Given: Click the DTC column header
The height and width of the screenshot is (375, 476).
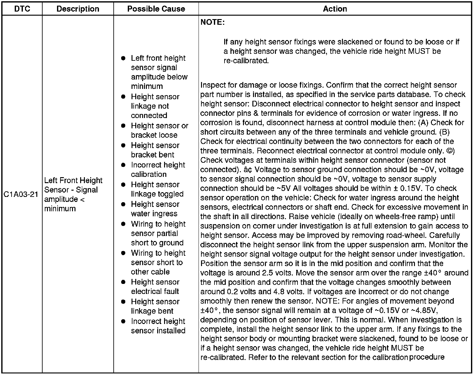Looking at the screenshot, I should pyautogui.click(x=22, y=9).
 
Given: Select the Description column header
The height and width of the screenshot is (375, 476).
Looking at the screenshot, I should pyautogui.click(x=78, y=9).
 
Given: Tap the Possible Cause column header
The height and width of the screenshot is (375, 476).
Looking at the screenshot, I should pyautogui.click(x=156, y=9).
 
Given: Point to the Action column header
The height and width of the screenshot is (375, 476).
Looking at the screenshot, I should pyautogui.click(x=335, y=9).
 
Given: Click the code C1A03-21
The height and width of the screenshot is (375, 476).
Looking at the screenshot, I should pyautogui.click(x=21, y=194).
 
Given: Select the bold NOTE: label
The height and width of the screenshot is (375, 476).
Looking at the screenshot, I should pyautogui.click(x=212, y=22).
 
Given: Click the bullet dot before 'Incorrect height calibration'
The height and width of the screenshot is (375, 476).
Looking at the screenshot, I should pyautogui.click(x=123, y=165).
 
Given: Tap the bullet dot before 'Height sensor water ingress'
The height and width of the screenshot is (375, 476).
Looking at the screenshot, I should pyautogui.click(x=123, y=204).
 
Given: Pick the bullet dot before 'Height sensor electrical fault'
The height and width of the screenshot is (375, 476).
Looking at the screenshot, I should pyautogui.click(x=123, y=282).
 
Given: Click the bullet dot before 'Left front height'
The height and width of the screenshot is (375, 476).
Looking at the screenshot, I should pyautogui.click(x=123, y=58).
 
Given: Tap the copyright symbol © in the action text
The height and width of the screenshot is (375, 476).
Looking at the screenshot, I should pyautogui.click(x=449, y=151).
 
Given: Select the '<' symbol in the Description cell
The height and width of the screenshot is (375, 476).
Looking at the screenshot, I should pyautogui.click(x=82, y=199).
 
